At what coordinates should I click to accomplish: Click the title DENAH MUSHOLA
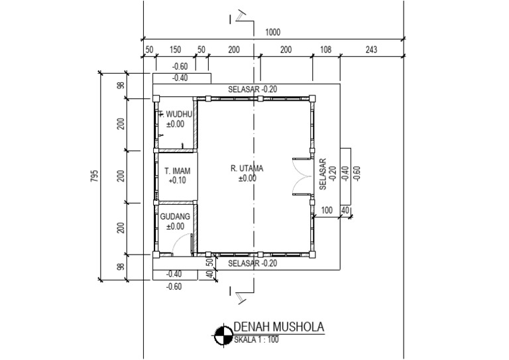coord(279,327)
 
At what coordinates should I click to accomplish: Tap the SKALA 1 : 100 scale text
coord(256,340)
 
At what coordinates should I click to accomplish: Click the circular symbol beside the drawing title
coord(223,335)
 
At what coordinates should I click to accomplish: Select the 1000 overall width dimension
coord(272,32)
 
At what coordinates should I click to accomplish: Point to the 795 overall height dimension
coord(94,176)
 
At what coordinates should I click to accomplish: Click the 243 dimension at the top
coord(371,49)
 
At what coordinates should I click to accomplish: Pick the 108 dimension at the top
coord(325,49)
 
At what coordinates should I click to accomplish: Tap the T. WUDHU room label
coord(175,114)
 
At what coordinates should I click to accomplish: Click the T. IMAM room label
coord(177,171)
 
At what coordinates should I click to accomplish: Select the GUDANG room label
coord(175,217)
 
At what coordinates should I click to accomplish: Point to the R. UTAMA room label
coord(247,168)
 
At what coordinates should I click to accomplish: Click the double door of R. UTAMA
coord(302,176)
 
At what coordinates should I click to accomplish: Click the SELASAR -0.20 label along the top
coord(253,89)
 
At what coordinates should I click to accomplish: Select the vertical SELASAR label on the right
coord(323,174)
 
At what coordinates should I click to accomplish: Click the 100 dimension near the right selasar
coord(327,210)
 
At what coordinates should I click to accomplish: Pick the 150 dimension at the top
coord(175,49)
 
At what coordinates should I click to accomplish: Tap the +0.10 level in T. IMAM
coord(177,180)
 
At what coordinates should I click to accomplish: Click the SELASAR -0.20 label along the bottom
coord(253,263)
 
